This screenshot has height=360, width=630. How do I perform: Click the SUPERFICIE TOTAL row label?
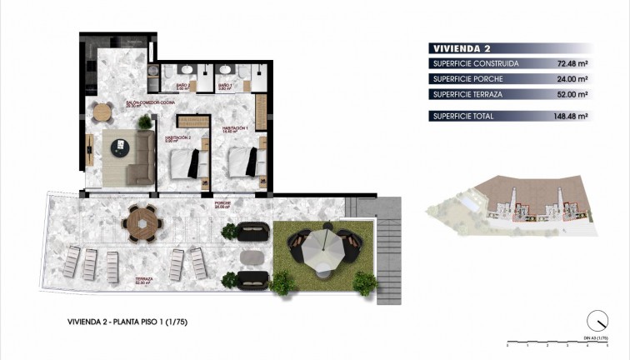(x=463, y=116)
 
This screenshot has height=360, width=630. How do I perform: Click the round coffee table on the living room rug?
(x=120, y=145)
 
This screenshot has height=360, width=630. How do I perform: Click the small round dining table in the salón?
(x=102, y=110)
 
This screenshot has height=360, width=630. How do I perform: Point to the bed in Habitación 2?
(x=187, y=162)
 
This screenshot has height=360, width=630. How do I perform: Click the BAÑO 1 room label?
(x=226, y=86)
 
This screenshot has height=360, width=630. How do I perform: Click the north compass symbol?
(x=596, y=320)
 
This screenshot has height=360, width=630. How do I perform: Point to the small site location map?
(x=508, y=203)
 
